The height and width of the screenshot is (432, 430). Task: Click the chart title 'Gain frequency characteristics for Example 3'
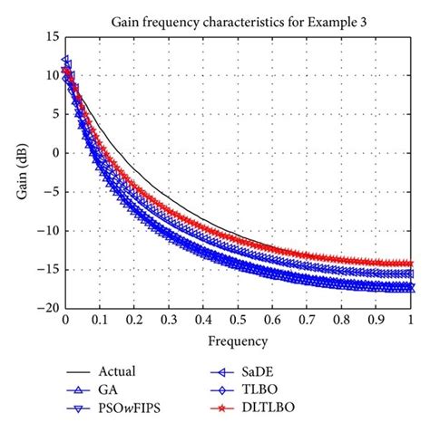238,20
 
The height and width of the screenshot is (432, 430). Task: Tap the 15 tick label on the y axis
51,36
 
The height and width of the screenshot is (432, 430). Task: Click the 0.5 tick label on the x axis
238,321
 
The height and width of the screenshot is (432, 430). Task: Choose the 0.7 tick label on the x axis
308,321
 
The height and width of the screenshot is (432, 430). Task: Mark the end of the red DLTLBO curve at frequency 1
411,264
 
